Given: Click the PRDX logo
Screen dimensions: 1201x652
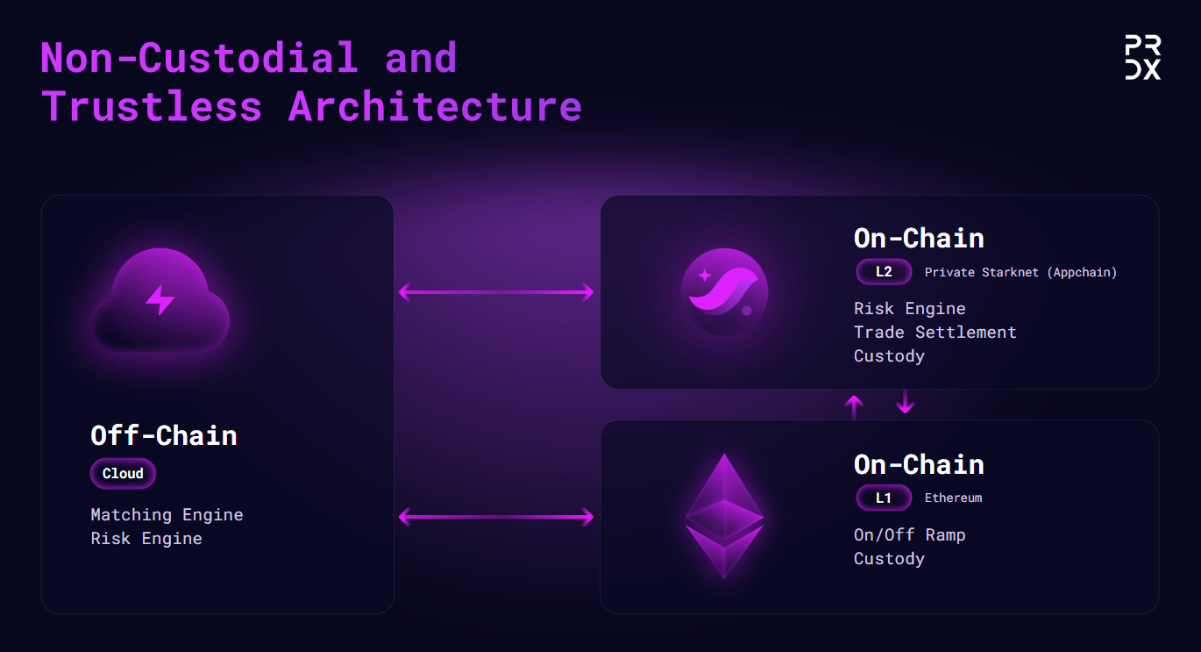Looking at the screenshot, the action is coord(1142,57).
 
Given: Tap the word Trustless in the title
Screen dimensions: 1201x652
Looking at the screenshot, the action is coord(152,106).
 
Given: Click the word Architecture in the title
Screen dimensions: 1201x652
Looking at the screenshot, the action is coord(435,106).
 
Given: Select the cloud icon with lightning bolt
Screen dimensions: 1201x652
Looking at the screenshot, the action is coord(160,300).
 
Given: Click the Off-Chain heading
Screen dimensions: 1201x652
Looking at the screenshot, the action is coord(164,435).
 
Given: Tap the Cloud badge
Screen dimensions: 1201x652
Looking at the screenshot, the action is coord(123,473).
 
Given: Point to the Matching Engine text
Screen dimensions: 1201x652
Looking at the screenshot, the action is coord(167,514).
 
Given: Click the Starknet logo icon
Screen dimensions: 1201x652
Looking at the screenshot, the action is coord(724,292).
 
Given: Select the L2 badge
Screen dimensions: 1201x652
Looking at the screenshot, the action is coord(884,271).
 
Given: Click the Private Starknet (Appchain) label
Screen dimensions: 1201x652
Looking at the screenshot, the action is coord(1020,272).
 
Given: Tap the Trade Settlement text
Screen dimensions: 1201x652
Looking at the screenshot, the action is coord(935,333).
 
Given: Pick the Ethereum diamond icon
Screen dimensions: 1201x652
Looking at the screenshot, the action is coord(724,516).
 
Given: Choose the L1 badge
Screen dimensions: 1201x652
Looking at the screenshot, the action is coord(884,498).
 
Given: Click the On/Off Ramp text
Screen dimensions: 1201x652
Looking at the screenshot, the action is coord(909,534).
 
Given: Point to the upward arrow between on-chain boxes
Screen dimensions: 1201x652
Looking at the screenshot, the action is coord(854,407).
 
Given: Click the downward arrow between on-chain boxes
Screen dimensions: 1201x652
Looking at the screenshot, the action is coord(905,401).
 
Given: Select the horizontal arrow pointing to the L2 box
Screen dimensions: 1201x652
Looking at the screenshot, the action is coord(496,292).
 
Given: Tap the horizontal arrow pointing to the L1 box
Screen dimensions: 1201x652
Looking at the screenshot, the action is coord(496,517).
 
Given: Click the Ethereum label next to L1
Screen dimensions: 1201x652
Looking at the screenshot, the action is coord(953,498).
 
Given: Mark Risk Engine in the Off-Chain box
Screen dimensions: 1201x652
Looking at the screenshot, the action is coord(146,538).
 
